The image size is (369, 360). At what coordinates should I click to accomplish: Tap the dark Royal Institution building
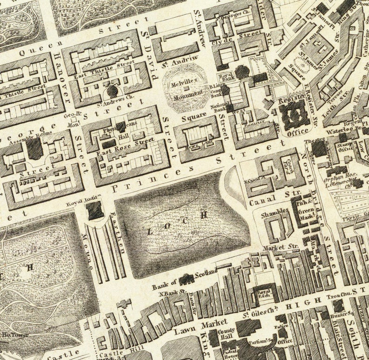click(x=95, y=210)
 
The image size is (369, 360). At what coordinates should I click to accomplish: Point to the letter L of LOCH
click(x=150, y=231)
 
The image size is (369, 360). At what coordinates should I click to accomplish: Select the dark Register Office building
click(x=294, y=115)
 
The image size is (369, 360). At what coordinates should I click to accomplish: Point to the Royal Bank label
click(x=226, y=76)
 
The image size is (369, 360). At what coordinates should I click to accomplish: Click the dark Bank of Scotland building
click(x=187, y=279)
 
